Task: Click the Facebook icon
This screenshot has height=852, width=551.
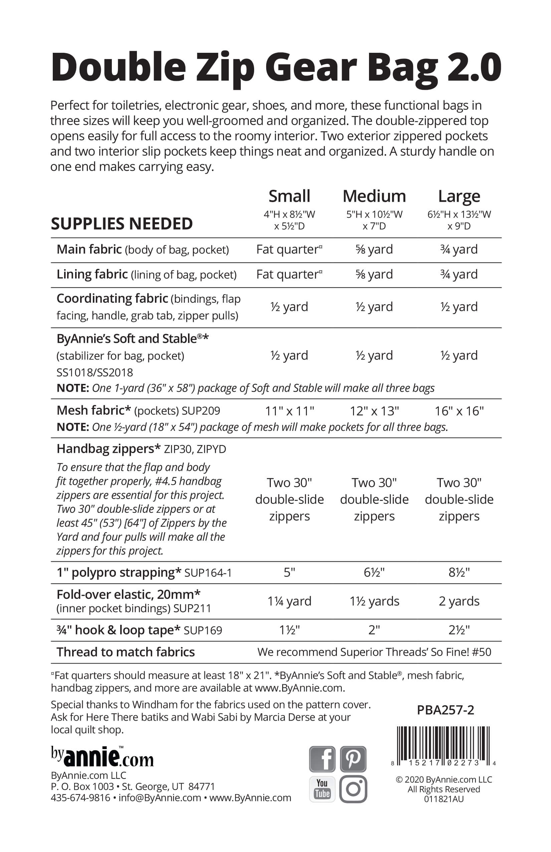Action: coord(322,758)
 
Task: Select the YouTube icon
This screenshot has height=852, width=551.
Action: coord(322,789)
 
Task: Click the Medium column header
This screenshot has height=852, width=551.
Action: coord(374,196)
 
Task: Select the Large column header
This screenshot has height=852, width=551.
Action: coord(459,196)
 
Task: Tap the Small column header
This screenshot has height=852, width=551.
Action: coord(290,196)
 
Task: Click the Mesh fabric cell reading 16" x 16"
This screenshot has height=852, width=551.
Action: coord(459,411)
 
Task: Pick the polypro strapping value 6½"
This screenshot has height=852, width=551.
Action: coord(374,572)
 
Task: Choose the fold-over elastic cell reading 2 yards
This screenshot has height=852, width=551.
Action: coord(459,601)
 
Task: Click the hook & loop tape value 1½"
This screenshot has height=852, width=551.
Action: coord(290,630)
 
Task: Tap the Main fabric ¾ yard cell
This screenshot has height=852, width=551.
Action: coord(459,250)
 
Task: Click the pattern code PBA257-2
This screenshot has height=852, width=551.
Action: coord(445,710)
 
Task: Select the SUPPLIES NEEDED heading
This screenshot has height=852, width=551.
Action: coord(122,224)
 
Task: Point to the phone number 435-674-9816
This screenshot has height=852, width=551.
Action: coord(80,798)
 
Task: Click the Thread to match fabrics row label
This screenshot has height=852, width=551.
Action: coord(126,652)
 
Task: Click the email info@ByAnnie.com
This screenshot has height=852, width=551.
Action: coord(160,798)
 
